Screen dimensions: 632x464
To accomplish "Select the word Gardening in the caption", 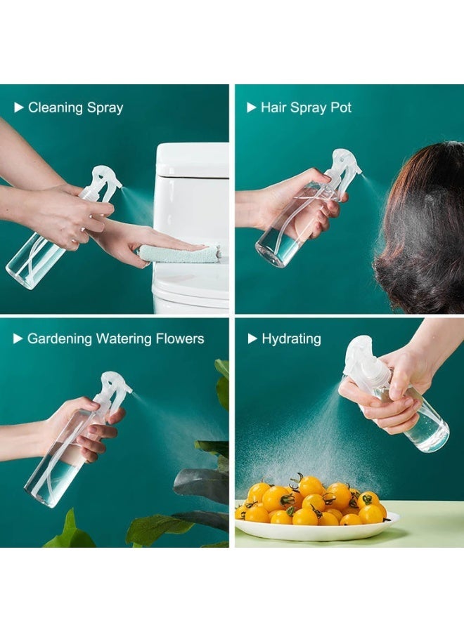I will coord(59,339).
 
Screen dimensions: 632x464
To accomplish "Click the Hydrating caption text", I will coord(291,339).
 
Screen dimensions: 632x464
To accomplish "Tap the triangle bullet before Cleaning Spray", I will coord(19,107).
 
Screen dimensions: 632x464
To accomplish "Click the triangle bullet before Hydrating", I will coord(252,339).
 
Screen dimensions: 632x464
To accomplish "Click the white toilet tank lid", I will coord(192,161).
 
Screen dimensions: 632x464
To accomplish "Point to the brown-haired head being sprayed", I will coord(422,225).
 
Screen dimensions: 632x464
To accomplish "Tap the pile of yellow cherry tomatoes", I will coord(309,502).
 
